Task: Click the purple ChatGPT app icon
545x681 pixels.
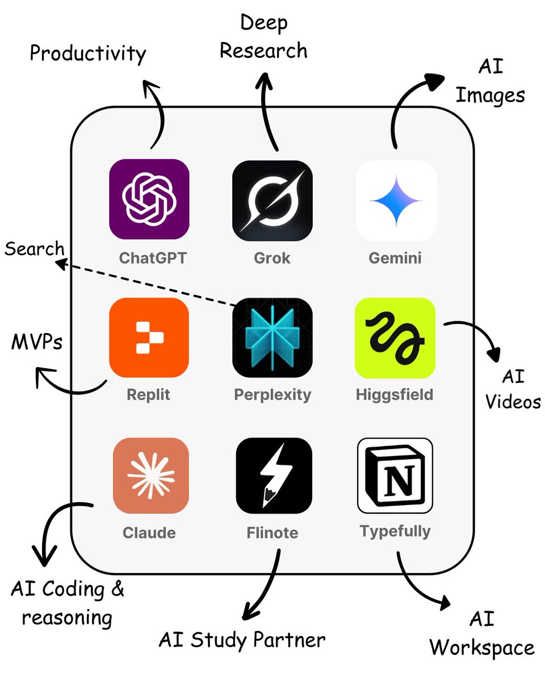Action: [x=149, y=199]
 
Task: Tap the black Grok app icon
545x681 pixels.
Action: [x=272, y=199]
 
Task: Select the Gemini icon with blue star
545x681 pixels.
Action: [x=396, y=200]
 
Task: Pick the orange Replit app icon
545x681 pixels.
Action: [x=149, y=338]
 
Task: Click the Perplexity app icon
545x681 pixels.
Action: [x=272, y=338]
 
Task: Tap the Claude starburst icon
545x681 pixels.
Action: [x=150, y=476]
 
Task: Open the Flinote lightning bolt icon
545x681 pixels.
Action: [x=274, y=476]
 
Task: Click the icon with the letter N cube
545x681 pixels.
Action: [x=395, y=476]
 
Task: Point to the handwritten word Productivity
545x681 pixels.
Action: [x=88, y=54]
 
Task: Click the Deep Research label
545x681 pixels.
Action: [x=263, y=37]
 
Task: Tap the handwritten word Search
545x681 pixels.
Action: [x=34, y=249]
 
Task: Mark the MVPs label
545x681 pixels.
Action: [x=36, y=343]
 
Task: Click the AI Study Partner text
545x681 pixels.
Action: [x=242, y=640]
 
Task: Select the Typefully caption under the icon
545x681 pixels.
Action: [x=395, y=531]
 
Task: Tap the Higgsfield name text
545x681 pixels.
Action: [x=395, y=394]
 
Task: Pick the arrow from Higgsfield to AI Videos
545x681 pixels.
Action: [x=477, y=335]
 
